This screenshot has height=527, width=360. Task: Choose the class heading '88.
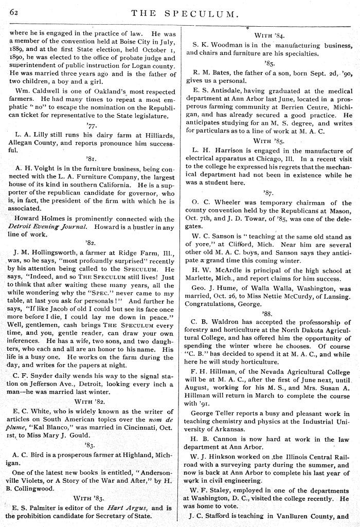click(266, 313)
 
